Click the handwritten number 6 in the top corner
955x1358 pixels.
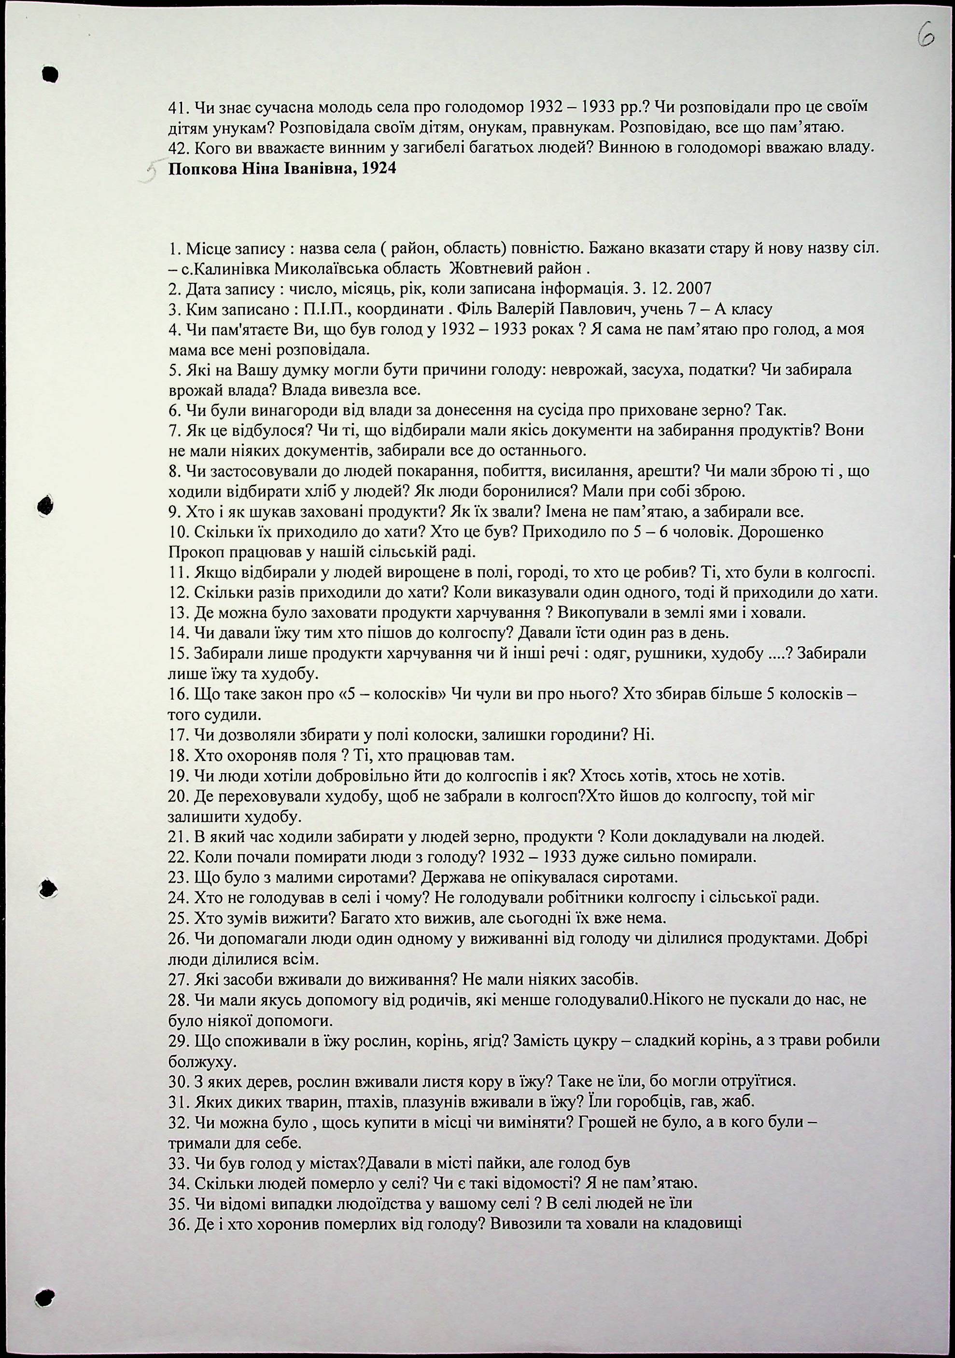click(x=926, y=37)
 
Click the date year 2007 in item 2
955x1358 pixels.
click(x=693, y=289)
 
